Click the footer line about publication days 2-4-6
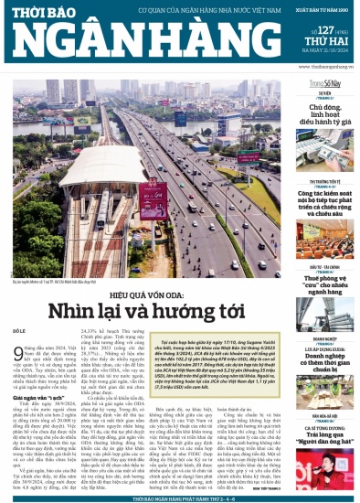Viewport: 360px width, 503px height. click(x=179, y=498)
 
